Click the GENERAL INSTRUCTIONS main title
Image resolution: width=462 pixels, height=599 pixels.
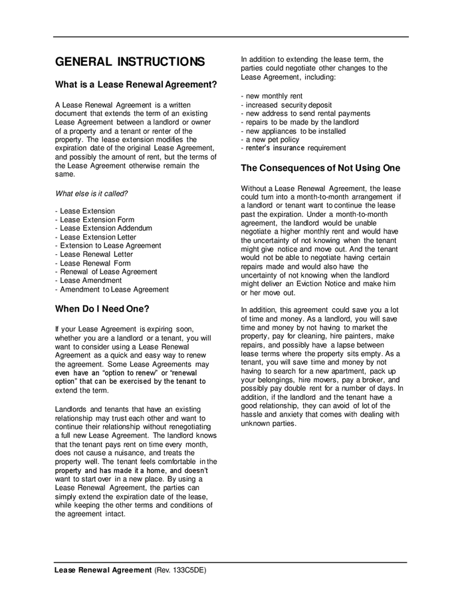tap(130, 62)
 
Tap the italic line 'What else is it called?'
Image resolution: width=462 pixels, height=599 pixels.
tap(91, 194)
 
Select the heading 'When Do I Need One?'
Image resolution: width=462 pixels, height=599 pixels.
tap(102, 309)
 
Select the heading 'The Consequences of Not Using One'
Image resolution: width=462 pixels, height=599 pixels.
tap(320, 168)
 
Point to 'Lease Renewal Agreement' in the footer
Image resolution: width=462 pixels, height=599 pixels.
tap(103, 571)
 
